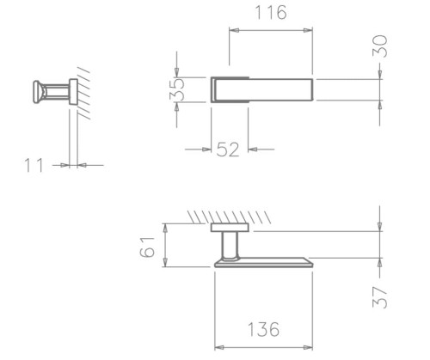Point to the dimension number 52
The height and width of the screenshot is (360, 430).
click(228, 149)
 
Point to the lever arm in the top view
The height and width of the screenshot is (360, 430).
click(284, 90)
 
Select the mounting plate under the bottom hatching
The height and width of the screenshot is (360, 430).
click(230, 228)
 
